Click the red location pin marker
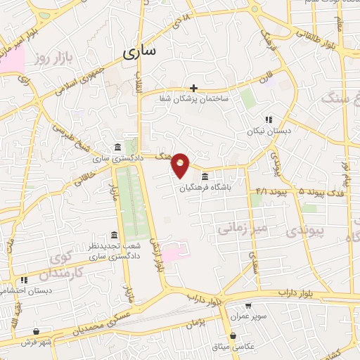click(181, 165)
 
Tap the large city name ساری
click(140, 51)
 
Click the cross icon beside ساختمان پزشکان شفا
click(195, 89)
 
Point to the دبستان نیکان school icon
click(268, 120)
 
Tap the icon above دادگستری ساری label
click(117, 147)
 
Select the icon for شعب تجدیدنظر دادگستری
click(114, 235)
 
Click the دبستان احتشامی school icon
click(24, 280)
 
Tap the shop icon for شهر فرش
click(36, 331)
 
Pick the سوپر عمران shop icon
click(248, 306)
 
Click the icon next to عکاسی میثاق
click(233, 335)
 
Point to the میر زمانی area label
click(240, 227)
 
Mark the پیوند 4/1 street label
click(271, 191)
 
